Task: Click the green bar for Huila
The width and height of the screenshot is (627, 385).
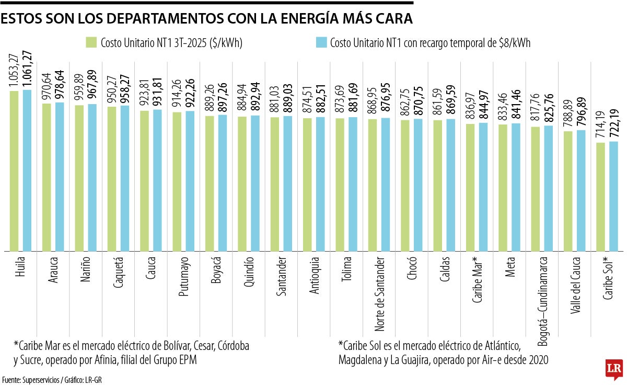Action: tap(14, 171)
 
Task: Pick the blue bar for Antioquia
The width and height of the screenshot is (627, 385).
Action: tap(320, 184)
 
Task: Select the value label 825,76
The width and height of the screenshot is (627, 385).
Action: tap(549, 108)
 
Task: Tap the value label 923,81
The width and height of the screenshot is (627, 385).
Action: tap(144, 93)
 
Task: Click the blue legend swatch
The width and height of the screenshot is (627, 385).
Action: tap(321, 42)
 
